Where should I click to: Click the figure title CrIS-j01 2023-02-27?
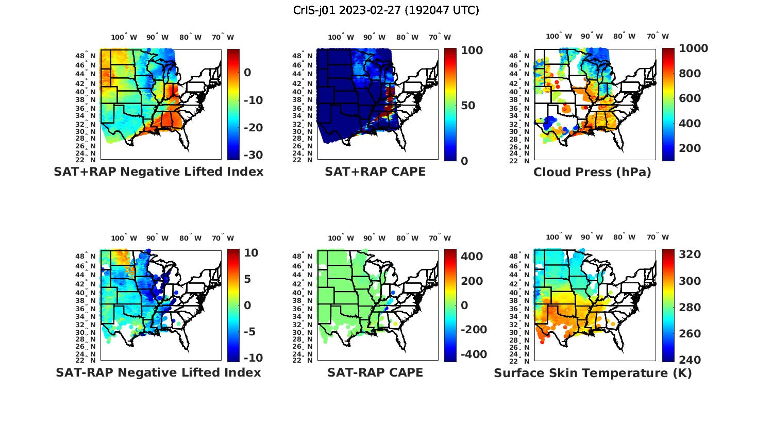coord(386,10)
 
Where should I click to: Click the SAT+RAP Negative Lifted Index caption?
coord(159,172)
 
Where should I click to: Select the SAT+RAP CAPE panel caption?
coord(375,172)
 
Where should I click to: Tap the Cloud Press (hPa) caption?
coord(592,172)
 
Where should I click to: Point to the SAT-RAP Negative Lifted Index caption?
coord(159,372)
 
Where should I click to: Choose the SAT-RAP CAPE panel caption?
coord(375,372)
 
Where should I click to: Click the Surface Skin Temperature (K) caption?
coord(593,373)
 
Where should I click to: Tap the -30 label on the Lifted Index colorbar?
coord(253,155)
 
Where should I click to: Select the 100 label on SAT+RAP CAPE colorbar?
coord(472,50)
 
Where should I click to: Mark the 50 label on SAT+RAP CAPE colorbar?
coord(468,106)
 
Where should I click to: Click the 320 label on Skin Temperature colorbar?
coord(690,254)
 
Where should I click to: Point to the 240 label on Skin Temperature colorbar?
coord(690,360)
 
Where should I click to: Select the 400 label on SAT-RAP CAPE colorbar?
coord(472,257)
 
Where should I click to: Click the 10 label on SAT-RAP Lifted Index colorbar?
coord(251,253)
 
